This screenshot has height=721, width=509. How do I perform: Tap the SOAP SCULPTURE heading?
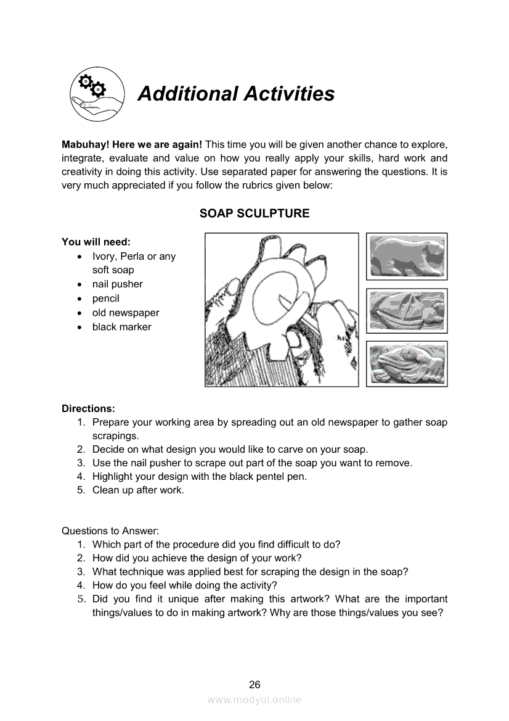pos(254,213)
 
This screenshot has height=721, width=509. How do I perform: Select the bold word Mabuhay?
pos(86,144)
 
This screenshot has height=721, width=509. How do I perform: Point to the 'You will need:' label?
pos(96,242)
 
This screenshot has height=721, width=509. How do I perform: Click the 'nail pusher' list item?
pos(117,284)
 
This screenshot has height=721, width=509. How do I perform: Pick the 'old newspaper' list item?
pos(126,313)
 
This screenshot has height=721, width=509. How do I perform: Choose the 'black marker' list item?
pos(121,327)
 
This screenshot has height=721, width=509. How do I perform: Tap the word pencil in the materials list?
pos(105,299)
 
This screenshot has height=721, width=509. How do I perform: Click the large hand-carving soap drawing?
pos(282,310)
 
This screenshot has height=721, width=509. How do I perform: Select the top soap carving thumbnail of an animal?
pos(407,256)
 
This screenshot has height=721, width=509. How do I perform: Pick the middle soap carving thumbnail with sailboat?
pos(407,310)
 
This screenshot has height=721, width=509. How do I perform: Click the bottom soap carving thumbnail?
pos(407,364)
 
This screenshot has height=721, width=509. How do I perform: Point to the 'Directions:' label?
pos(88,408)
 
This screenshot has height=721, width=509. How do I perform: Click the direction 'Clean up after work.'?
pos(138,490)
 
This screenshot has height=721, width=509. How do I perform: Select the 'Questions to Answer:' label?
pos(110,530)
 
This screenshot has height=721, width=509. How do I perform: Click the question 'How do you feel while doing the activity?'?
pos(185,585)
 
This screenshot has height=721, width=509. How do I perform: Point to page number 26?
pos(254,684)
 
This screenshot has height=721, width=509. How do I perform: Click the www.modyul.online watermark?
pos(254,699)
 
